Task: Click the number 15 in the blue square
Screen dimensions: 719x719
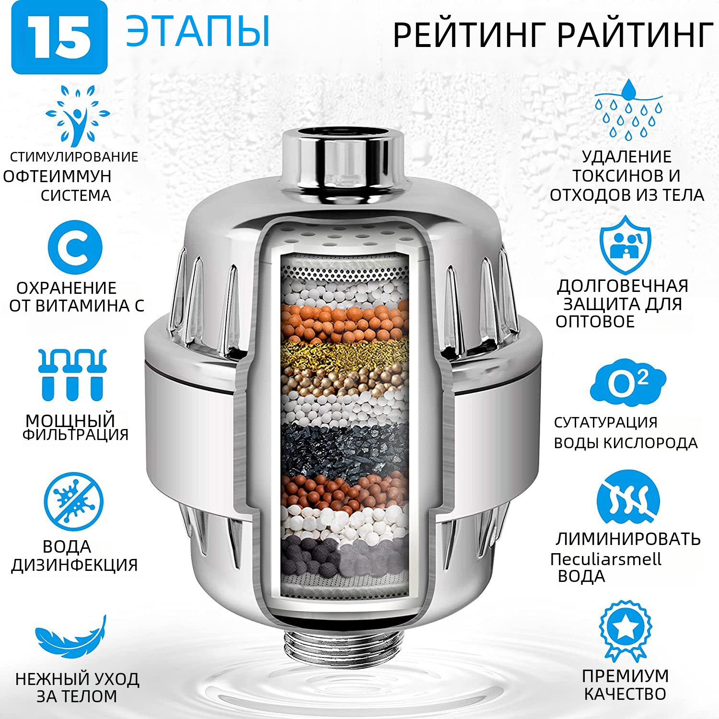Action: (59, 38)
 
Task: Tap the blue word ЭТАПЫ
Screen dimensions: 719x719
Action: (198, 32)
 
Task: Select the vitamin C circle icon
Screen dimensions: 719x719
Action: (75, 247)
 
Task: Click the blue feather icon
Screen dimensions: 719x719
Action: (71, 637)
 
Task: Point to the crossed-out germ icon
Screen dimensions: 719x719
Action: (73, 501)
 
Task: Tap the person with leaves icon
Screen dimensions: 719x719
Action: (77, 115)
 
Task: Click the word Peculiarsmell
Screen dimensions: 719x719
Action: (605, 559)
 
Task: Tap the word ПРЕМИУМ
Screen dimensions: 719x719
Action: (625, 676)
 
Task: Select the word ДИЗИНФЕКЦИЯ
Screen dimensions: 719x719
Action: (75, 565)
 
